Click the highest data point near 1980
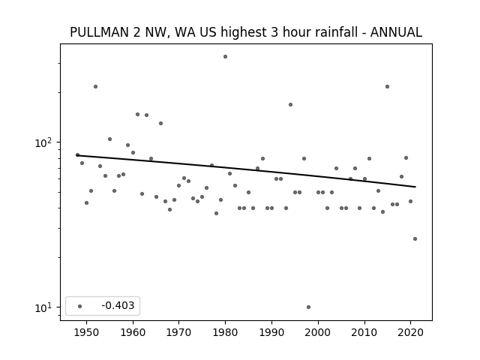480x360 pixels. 225,57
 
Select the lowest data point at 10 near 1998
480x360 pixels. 308,307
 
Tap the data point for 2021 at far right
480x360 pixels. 415,238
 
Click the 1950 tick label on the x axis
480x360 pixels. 87,332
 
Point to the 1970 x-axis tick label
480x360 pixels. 179,332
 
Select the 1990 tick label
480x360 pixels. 271,332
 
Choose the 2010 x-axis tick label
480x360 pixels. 364,332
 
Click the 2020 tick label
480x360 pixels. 411,332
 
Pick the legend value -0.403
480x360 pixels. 118,305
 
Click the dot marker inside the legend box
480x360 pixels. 80,306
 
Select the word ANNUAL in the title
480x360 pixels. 396,32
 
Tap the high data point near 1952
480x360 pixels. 95,87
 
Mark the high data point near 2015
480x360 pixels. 387,87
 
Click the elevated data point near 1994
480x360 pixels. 290,105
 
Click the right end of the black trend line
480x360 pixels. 415,187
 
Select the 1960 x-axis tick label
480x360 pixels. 133,332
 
